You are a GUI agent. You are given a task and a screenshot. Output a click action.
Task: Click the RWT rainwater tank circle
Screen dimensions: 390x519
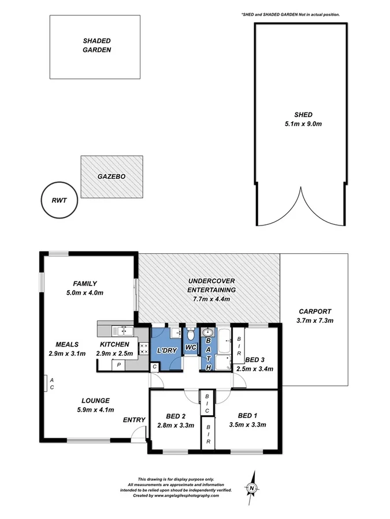[41, 200]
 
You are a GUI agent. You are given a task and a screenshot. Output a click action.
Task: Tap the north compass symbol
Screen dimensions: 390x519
[252, 488]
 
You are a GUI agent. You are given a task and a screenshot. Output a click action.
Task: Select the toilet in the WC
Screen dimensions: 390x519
[191, 334]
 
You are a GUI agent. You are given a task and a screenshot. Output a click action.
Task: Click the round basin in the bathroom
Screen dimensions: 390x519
[208, 332]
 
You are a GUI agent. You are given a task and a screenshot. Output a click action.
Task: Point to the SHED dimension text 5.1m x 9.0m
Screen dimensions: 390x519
[303, 124]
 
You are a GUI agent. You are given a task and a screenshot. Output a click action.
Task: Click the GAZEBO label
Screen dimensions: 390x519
[112, 176]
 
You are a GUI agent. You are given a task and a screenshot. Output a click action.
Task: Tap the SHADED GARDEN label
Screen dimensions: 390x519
[97, 46]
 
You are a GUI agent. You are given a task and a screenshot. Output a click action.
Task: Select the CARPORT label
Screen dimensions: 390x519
[315, 311]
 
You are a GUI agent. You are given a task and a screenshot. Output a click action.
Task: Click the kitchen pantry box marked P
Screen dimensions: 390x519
[118, 366]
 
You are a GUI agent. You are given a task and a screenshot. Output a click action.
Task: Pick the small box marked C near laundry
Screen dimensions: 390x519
[154, 367]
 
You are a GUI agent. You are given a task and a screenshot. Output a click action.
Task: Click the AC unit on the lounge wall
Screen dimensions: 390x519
[46, 383]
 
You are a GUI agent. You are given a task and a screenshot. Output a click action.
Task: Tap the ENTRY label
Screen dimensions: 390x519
[134, 420]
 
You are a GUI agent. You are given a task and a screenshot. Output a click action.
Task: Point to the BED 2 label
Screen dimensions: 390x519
[176, 416]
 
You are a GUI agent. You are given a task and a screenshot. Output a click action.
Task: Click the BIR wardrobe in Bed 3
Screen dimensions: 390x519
[239, 346]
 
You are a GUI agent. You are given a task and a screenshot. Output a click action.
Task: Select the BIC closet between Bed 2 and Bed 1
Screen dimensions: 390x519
[207, 403]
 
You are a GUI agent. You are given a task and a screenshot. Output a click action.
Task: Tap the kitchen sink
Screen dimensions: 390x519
[122, 330]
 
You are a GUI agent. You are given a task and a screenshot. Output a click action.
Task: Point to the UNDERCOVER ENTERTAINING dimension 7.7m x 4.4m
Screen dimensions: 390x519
[211, 299]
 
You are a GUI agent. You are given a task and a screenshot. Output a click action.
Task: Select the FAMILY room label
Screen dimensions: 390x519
[85, 284]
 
